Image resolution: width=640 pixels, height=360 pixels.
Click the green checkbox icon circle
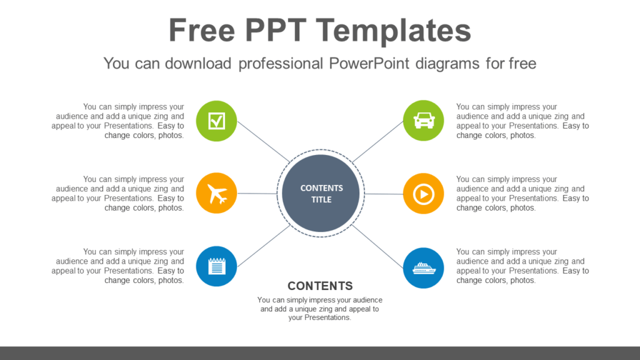pyautogui.click(x=216, y=121)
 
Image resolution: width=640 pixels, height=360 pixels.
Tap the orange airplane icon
pyautogui.click(x=216, y=193)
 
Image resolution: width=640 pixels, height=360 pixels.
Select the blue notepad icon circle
pyautogui.click(x=216, y=266)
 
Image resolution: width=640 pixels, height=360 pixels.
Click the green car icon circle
pyautogui.click(x=423, y=121)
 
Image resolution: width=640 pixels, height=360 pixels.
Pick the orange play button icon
pyautogui.click(x=423, y=194)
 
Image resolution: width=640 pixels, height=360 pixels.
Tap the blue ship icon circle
pyautogui.click(x=423, y=267)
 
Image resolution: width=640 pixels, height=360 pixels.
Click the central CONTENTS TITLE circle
pyautogui.click(x=321, y=194)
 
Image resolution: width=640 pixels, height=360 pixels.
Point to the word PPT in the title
pyautogui.click(x=276, y=30)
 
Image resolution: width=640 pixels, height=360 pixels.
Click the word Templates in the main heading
pyautogui.click(x=394, y=30)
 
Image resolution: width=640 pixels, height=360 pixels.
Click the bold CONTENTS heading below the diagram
pyautogui.click(x=320, y=286)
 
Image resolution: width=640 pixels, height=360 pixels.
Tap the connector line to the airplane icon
pyautogui.click(x=257, y=194)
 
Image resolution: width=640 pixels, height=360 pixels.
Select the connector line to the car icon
pyautogui.click(x=377, y=142)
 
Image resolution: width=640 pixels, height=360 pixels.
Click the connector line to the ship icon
pyautogui.click(x=377, y=246)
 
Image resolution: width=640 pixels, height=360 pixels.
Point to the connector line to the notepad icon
pyautogui.click(x=264, y=246)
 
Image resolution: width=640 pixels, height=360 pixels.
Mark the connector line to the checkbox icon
pyautogui.click(x=263, y=142)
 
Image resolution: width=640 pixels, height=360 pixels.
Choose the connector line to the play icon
pyautogui.click(x=384, y=194)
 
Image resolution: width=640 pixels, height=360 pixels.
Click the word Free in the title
pyautogui.click(x=202, y=30)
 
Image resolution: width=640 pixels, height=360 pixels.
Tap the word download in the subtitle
pyautogui.click(x=198, y=64)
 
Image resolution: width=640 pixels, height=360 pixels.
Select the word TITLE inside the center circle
pyautogui.click(x=321, y=199)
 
